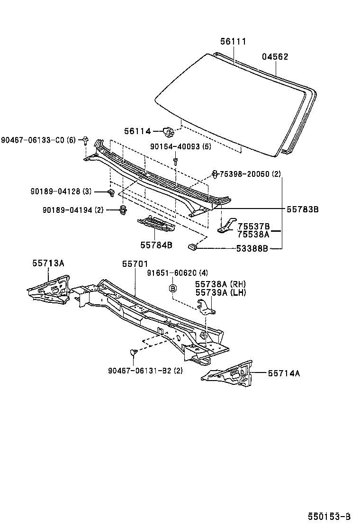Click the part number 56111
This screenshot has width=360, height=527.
click(x=233, y=42)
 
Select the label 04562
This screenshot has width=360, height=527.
click(x=275, y=57)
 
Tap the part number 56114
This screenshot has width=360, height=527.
click(x=137, y=131)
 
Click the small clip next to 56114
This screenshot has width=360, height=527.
click(x=167, y=130)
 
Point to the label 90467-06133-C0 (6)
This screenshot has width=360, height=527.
click(x=38, y=140)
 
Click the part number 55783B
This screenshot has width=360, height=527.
click(x=302, y=209)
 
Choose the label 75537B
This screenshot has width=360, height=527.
click(x=253, y=226)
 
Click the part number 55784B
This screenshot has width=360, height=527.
click(x=156, y=245)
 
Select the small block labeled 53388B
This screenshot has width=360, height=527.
click(x=193, y=246)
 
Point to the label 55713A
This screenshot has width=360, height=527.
click(x=48, y=263)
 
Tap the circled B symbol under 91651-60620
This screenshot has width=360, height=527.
click(x=173, y=288)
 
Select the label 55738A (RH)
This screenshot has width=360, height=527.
click(x=221, y=283)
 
